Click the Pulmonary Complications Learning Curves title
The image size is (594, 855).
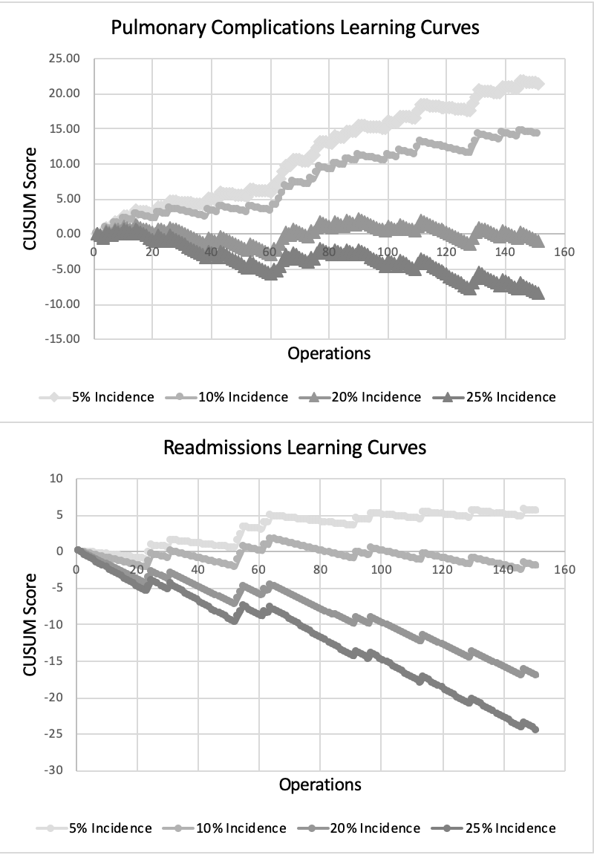click(x=296, y=28)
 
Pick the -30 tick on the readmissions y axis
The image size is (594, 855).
click(x=56, y=770)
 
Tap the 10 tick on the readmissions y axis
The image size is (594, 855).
click(x=58, y=479)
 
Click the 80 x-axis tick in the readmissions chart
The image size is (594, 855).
click(x=320, y=569)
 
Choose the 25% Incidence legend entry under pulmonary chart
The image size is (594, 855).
click(x=497, y=397)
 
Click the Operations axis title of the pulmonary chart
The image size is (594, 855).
click(x=329, y=353)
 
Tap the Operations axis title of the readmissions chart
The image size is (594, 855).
click(x=320, y=784)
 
